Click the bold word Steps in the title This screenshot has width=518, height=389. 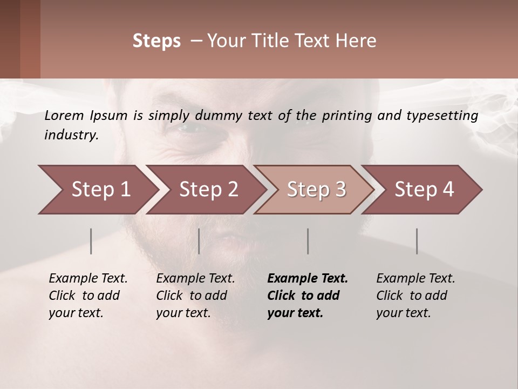pos(156,41)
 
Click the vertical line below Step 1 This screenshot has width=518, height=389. pos(91,241)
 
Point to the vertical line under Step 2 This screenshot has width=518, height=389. pos(199,241)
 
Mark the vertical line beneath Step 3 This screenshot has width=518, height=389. pos(308,241)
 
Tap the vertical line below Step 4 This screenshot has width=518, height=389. pos(417,241)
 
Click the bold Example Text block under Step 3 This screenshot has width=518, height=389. pos(308,296)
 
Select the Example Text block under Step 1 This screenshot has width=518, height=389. pos(88,296)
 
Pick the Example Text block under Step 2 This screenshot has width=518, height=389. pos(195,296)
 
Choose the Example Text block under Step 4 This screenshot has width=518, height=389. pos(415,296)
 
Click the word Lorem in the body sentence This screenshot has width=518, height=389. pos(64,115)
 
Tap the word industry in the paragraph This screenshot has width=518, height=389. pos(71,135)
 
